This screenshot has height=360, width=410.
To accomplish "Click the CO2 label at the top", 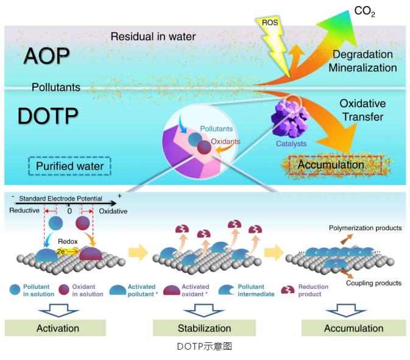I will coord(364,10).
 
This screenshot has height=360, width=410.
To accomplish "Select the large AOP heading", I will coord(47,55).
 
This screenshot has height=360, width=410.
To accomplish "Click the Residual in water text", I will coord(153,37).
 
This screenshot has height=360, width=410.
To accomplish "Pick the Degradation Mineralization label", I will coord(362,61).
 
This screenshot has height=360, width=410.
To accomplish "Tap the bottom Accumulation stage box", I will coord(353,328).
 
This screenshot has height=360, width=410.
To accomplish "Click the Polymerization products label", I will coord(365,228).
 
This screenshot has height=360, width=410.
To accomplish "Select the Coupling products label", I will coord(373,283).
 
